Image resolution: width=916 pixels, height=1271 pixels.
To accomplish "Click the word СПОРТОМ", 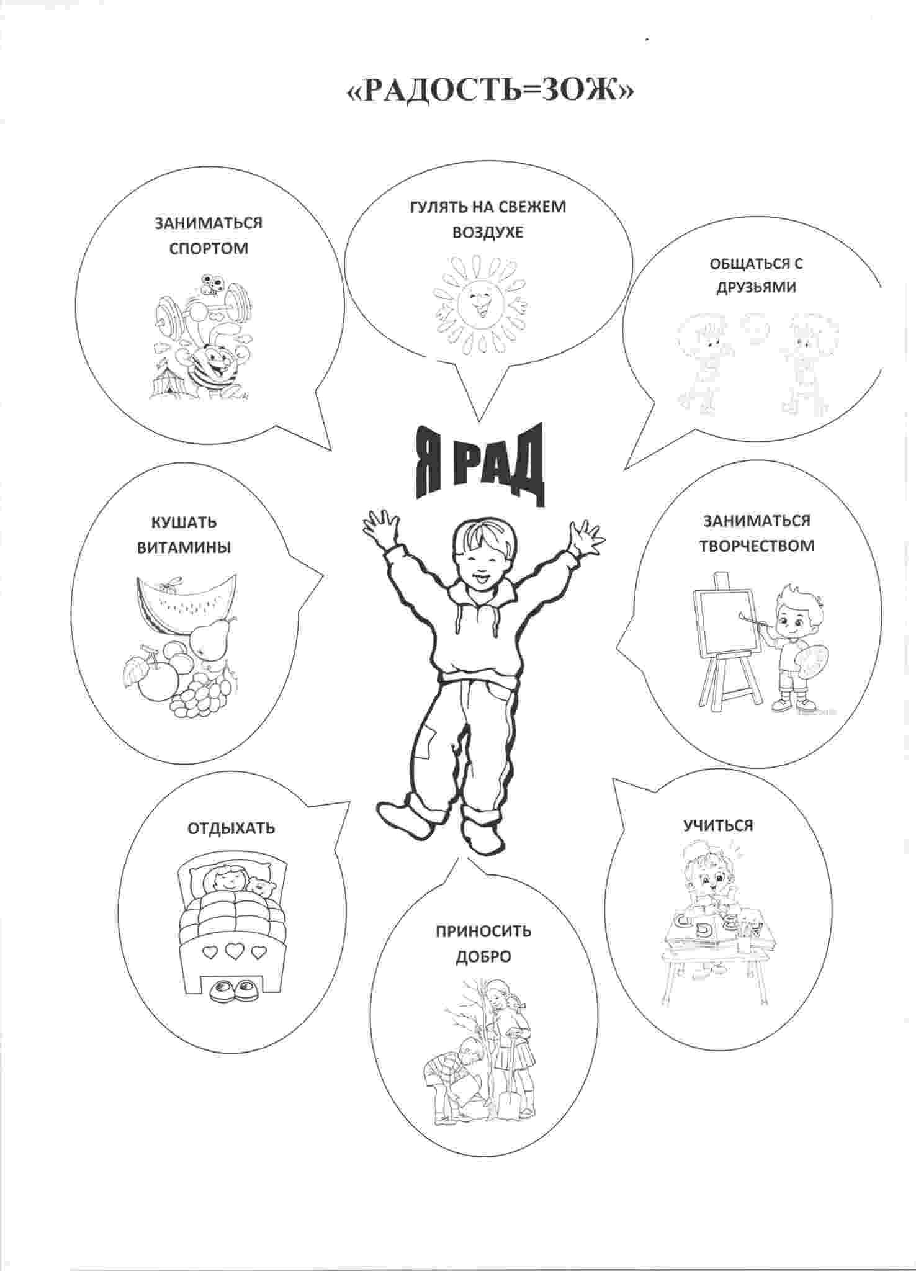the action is (x=209, y=248).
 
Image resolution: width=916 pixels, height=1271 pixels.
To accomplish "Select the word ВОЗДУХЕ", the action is (x=488, y=232).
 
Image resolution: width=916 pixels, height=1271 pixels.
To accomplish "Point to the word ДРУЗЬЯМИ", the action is (x=756, y=287).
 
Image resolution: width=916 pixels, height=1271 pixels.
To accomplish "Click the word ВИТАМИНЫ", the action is (x=184, y=547).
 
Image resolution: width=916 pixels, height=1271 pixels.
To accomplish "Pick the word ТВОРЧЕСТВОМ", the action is (x=757, y=546).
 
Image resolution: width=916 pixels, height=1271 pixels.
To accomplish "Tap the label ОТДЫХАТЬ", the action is (x=231, y=828).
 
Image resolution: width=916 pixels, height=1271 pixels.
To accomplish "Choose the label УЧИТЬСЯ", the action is (x=718, y=825).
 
